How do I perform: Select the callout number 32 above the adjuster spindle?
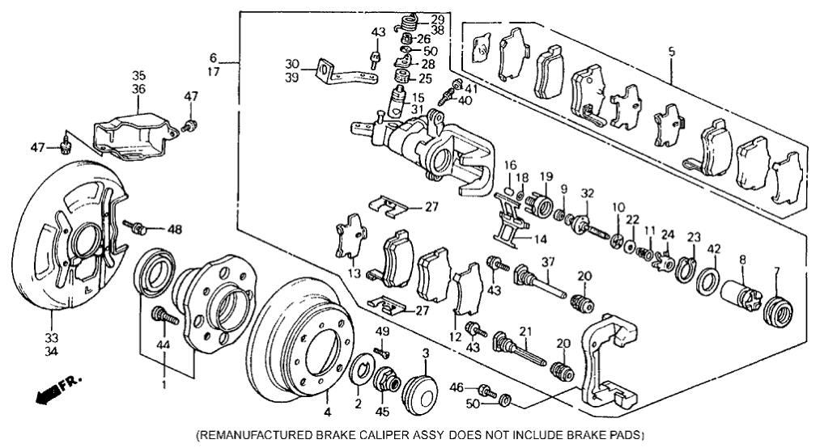click(x=587, y=194)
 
